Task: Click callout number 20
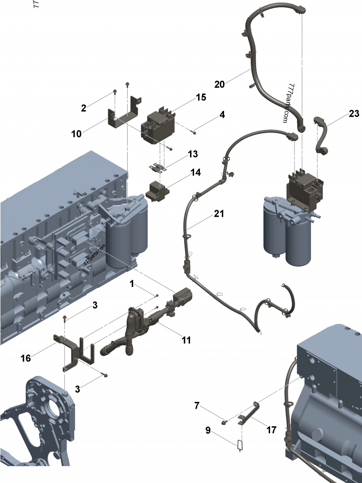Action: (219, 84)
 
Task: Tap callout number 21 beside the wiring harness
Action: (219, 213)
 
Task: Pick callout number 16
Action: (26, 359)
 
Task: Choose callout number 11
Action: (186, 340)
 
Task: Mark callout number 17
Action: (271, 430)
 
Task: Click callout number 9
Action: (208, 430)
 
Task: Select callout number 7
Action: (197, 406)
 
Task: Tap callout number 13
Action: (193, 154)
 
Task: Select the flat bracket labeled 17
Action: (249, 412)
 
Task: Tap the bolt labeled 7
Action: (224, 422)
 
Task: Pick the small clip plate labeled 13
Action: (157, 168)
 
